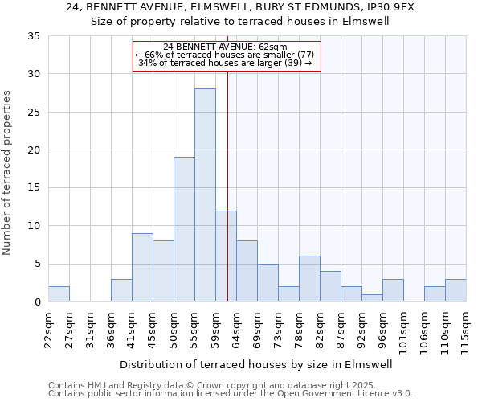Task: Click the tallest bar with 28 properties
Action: coord(205,195)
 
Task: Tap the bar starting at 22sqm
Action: coord(59,294)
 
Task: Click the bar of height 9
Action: coord(142,268)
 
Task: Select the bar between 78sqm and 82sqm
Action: coord(309,279)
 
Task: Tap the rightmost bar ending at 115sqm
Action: coord(455,290)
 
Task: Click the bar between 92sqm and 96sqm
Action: coord(372,297)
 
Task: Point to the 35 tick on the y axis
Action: coord(34,36)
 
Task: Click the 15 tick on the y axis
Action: coord(34,188)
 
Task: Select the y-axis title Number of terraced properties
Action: coord(8,173)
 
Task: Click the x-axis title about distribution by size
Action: coord(257,364)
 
